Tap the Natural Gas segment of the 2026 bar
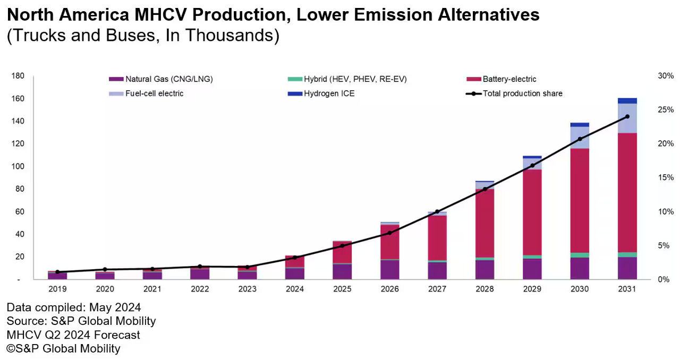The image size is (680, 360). [x=389, y=269]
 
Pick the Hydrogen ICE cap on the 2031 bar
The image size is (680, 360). [x=627, y=101]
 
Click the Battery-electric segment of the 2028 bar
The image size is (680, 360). [x=484, y=223]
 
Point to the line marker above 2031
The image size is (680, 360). [x=627, y=116]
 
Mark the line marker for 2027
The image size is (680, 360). [x=437, y=211]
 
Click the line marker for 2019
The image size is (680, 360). [x=57, y=272]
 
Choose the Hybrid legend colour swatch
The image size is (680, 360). [x=294, y=79]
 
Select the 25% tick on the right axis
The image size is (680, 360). [x=665, y=110]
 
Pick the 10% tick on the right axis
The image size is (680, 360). [x=665, y=212]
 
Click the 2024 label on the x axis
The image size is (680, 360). [x=295, y=289]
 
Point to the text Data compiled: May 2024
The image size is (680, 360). [x=73, y=307]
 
